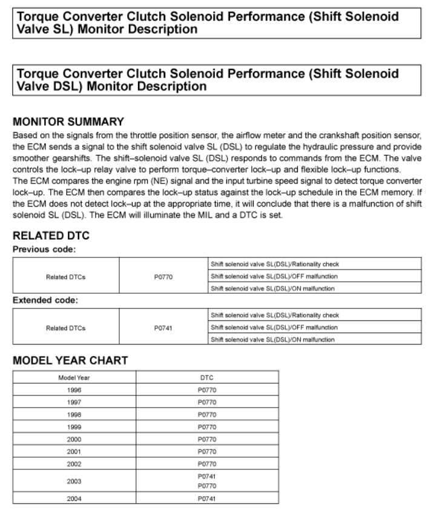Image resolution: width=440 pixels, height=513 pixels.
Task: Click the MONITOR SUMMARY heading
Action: click(68, 122)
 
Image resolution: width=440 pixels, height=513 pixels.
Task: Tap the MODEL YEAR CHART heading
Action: click(70, 360)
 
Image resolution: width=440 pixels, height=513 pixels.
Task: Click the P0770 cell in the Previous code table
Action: click(163, 276)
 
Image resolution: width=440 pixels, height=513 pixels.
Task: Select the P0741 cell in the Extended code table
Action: click(163, 328)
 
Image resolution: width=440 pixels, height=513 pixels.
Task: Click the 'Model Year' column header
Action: click(74, 377)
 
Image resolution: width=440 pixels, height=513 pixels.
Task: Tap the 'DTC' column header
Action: click(206, 377)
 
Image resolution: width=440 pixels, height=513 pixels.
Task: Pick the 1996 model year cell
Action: click(74, 389)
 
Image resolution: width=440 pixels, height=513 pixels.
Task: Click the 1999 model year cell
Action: click(74, 427)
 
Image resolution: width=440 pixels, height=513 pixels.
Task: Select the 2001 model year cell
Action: click(74, 452)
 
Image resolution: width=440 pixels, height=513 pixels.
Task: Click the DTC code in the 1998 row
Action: click(206, 415)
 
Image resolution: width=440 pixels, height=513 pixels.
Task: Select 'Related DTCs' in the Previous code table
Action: click(65, 276)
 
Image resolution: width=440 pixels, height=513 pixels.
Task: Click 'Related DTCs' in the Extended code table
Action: click(65, 328)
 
